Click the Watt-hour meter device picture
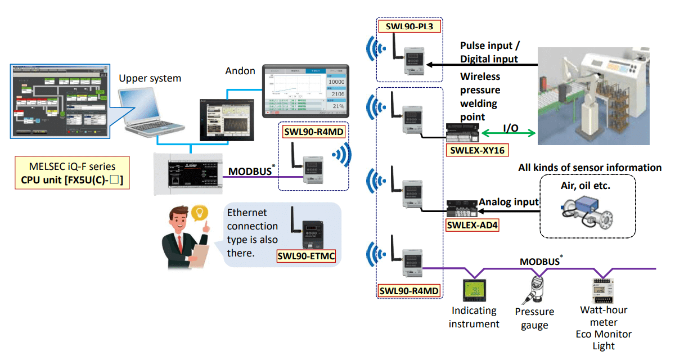click(602, 290)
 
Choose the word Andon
click(240, 71)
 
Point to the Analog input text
click(509, 201)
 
